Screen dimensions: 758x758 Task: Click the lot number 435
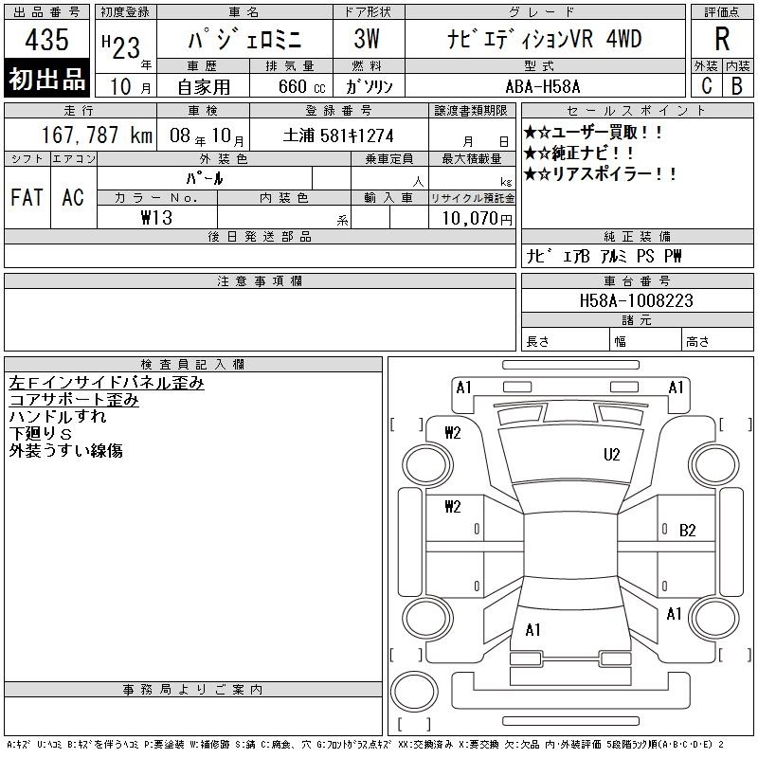tap(46, 39)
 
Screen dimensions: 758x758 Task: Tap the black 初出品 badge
tap(46, 79)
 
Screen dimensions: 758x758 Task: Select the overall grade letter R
tap(722, 39)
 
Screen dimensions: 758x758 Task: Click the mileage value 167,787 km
tap(97, 135)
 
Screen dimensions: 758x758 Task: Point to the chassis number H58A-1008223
tap(636, 300)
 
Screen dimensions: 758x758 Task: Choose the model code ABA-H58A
tap(542, 86)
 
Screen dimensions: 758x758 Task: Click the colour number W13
tap(156, 218)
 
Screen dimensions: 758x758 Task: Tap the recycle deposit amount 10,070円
tap(477, 219)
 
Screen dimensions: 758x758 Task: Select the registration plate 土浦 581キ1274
tap(338, 135)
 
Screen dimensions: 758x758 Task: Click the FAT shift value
tap(27, 197)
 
